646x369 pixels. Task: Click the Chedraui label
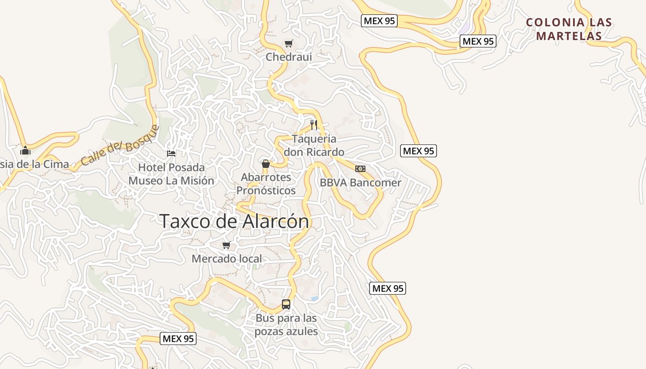coord(289,57)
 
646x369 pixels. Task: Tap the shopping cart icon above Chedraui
coord(288,44)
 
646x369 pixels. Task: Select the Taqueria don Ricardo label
coord(314,145)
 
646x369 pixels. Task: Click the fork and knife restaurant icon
coord(314,125)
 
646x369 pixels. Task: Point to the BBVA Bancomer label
coord(360,183)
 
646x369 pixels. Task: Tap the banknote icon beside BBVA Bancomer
coord(360,169)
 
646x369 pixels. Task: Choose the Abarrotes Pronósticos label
coord(266,184)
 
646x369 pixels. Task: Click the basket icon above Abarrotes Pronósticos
coord(266,164)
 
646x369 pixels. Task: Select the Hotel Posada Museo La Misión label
coord(171,174)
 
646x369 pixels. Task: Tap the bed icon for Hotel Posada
coord(171,153)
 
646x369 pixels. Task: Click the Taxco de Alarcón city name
coord(234,221)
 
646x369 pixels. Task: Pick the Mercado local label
coord(227,259)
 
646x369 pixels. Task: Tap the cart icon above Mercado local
coord(226,245)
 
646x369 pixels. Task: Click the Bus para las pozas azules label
coord(286,325)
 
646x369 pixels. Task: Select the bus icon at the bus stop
coord(286,304)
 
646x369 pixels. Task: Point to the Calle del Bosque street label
coord(120,146)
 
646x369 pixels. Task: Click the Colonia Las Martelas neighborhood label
coord(569,29)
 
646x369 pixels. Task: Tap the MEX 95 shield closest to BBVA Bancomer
coord(419,151)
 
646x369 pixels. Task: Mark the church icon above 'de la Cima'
coord(25,150)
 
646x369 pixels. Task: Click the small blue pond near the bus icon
coord(314,298)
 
